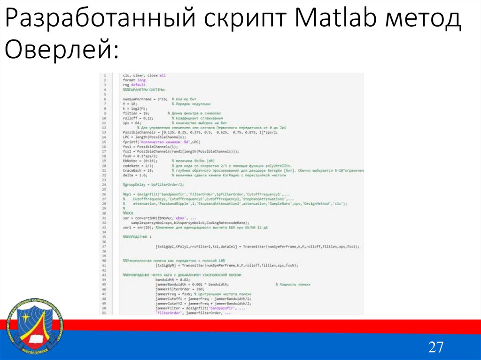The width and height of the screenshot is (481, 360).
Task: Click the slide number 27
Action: tap(435, 347)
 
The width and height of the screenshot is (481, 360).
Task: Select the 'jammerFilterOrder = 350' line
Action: tap(176, 290)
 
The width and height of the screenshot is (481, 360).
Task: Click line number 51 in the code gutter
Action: tap(104, 313)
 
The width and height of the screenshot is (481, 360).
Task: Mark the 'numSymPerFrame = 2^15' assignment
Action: tap(141, 100)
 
